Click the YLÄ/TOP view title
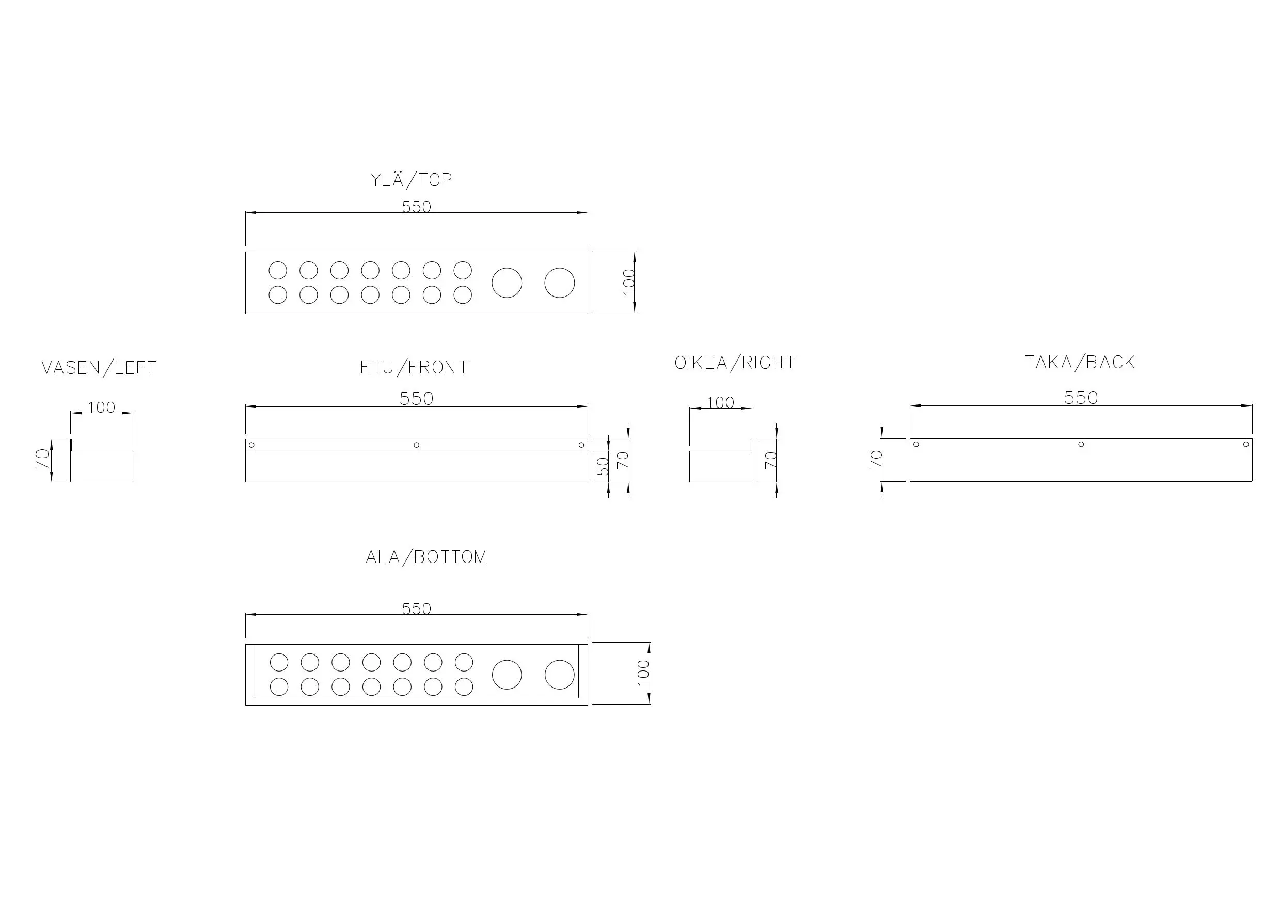tap(412, 180)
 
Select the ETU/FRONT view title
tap(414, 367)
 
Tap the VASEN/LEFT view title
tap(99, 368)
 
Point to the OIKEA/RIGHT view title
tap(735, 363)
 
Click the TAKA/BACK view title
tap(1080, 363)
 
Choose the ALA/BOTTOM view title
tap(426, 557)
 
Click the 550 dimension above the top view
tap(417, 207)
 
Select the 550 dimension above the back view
tap(1080, 398)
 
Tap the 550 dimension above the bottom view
tap(417, 608)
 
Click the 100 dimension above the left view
tap(102, 408)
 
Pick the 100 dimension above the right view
tap(720, 402)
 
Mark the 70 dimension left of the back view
tap(876, 459)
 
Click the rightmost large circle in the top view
tap(559, 283)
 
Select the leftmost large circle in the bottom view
tap(507, 675)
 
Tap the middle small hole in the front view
tap(417, 445)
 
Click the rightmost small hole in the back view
tap(1246, 444)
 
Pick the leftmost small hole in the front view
tap(251, 445)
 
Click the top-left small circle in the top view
tap(278, 271)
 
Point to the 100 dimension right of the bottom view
tap(643, 673)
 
